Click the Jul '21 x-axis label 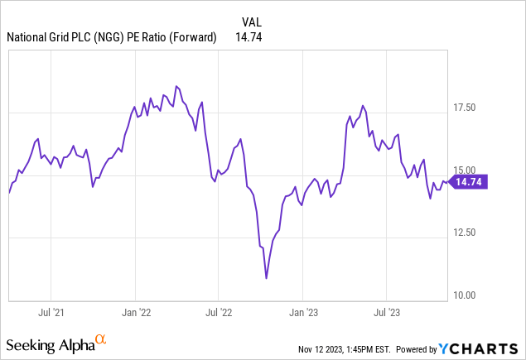52,313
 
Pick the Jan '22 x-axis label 136,313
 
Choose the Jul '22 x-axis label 219,313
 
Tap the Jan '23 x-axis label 303,313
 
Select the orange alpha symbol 101,339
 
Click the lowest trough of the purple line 266,278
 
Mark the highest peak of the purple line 176,85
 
